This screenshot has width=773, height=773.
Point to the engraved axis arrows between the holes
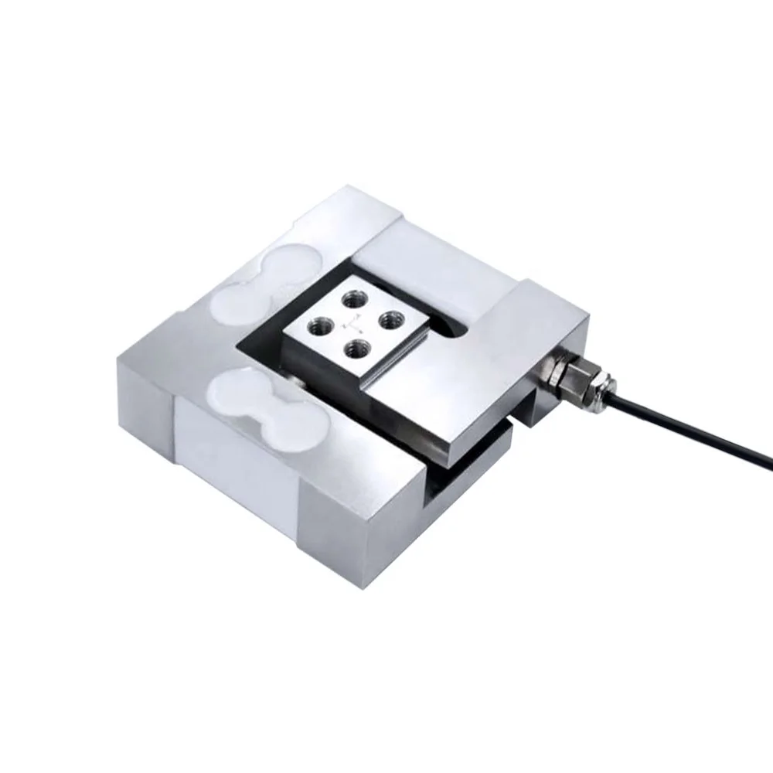click(355, 321)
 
